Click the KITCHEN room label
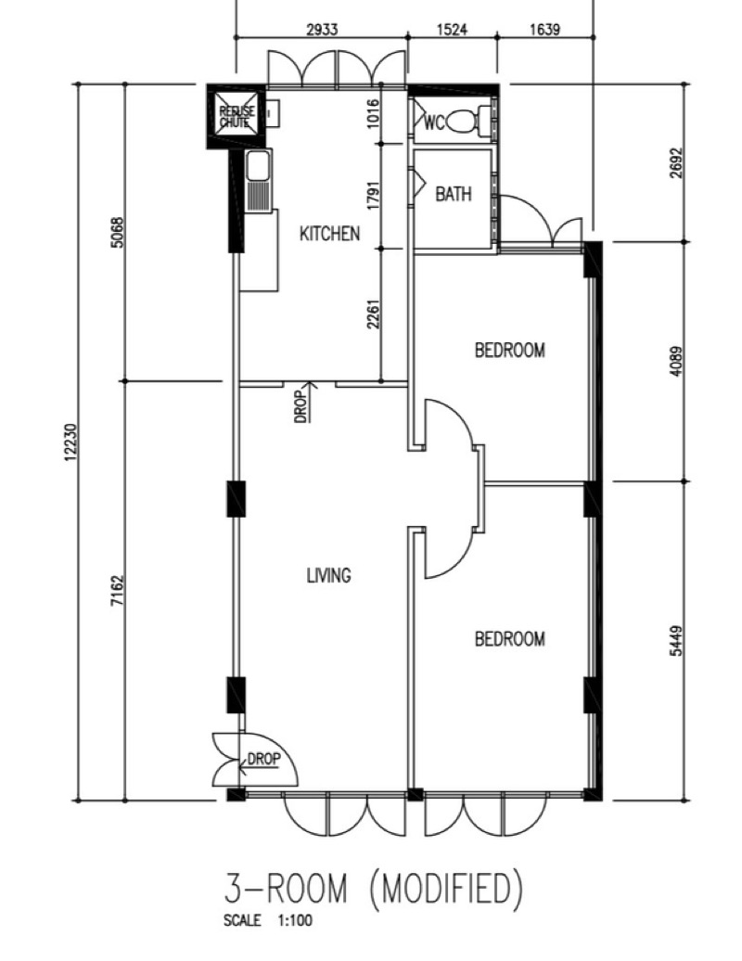pos(329,234)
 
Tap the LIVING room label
pos(329,575)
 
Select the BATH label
pos(454,194)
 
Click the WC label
pos(434,123)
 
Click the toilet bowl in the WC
pos(463,122)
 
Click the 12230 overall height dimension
pos(71,442)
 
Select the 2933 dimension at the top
pos(322,28)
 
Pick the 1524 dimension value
pos(453,28)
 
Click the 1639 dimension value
pos(544,28)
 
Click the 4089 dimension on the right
pos(675,362)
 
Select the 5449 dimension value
pos(675,640)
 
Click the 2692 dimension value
pos(675,162)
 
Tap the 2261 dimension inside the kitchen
pos(374,314)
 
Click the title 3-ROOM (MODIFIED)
pos(374,888)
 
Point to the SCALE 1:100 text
pos(268,920)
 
